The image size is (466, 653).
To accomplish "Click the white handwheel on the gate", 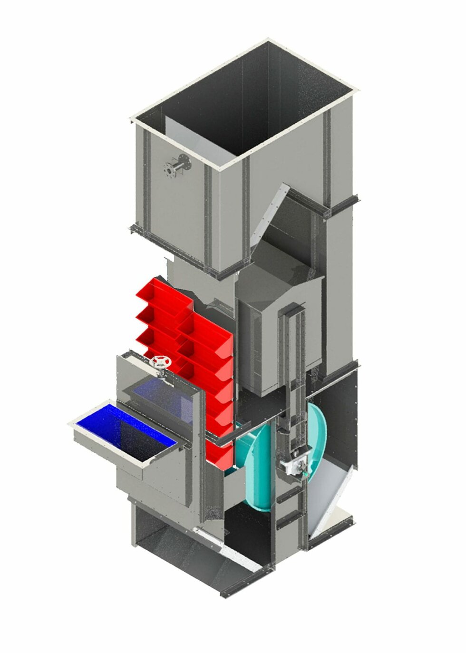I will (x=160, y=362).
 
